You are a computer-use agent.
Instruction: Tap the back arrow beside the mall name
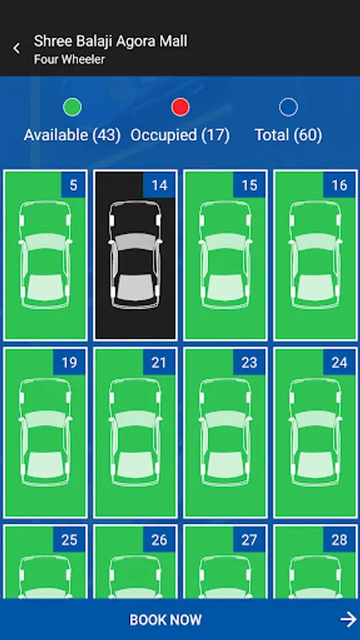[x=16, y=48]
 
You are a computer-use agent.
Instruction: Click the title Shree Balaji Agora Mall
[x=110, y=41]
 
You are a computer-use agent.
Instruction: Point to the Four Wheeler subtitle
[x=70, y=60]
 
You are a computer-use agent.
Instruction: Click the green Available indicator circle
[x=73, y=107]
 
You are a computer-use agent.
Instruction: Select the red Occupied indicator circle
[x=181, y=107]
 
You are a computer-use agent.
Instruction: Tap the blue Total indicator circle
[x=289, y=107]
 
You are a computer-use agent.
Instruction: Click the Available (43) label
[x=73, y=135]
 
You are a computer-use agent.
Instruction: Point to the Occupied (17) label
[x=181, y=135]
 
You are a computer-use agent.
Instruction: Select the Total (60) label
[x=289, y=135]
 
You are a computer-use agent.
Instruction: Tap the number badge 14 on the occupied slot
[x=159, y=185]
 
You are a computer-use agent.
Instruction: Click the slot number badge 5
[x=73, y=185]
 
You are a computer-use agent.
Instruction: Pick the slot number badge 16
[x=339, y=185]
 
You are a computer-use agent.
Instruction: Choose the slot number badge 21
[x=159, y=362]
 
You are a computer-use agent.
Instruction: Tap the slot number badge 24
[x=339, y=362]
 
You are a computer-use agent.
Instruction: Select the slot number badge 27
[x=250, y=540]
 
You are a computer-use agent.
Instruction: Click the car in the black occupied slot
[x=135, y=255]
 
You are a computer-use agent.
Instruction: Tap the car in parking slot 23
[x=225, y=432]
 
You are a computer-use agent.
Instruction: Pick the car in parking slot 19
[x=45, y=432]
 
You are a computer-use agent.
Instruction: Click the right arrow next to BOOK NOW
[x=348, y=619]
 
